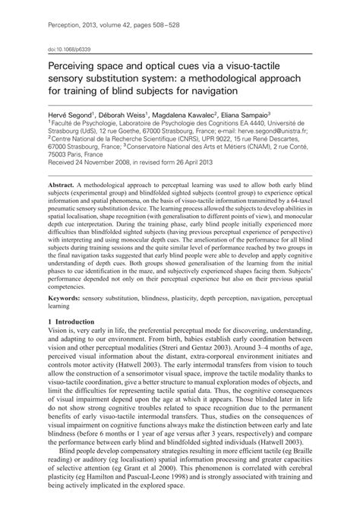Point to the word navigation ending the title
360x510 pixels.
tap(213, 89)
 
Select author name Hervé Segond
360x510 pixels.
tap(73, 111)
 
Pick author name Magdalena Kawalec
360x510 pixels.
tap(194, 111)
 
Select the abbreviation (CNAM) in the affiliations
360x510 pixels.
tap(238, 148)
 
